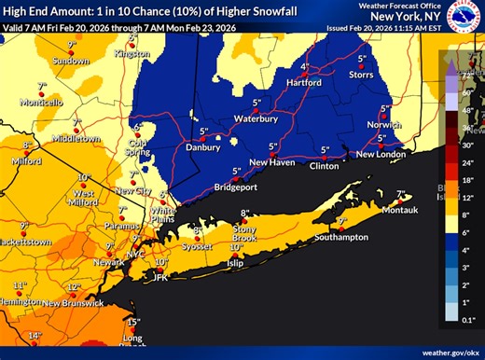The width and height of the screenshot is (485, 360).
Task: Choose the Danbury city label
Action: click(205, 146)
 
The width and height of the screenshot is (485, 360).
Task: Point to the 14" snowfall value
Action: click(35, 335)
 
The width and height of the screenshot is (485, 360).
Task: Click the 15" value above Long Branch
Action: click(132, 322)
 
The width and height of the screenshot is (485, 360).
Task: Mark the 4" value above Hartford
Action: click(304, 68)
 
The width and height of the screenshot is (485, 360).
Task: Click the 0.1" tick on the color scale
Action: click(467, 319)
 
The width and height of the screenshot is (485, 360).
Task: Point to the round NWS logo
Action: click(464, 16)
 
